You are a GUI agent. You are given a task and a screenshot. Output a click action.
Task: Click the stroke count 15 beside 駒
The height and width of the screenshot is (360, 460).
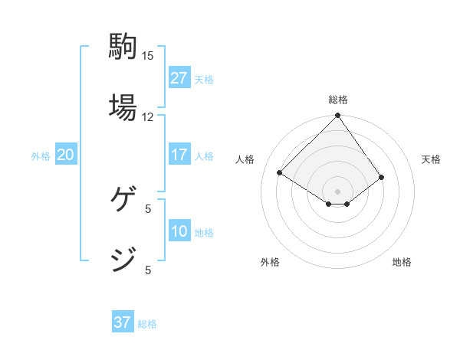click(148, 56)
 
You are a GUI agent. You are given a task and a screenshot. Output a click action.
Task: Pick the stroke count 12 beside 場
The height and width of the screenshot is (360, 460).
click(148, 116)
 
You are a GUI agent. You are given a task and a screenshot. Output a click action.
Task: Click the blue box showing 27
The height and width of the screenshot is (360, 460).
click(179, 79)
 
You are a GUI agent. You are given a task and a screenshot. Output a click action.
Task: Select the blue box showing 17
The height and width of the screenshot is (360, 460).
click(179, 155)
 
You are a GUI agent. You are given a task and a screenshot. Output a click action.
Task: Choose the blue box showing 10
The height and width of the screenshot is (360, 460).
click(179, 232)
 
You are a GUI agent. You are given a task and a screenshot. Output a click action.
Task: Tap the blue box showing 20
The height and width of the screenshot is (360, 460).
click(65, 155)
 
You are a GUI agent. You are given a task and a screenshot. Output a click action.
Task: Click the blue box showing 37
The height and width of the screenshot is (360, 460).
click(123, 323)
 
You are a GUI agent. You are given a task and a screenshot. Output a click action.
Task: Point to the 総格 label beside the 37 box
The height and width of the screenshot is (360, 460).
click(147, 324)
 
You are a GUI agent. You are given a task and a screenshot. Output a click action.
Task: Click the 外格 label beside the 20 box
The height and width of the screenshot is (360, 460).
click(41, 156)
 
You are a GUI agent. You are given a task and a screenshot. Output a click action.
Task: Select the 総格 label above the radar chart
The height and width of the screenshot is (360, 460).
click(338, 100)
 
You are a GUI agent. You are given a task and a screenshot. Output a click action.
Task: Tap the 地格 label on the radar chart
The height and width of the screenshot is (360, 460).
click(402, 262)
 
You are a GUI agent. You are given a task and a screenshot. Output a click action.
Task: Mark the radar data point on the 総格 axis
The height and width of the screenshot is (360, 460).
click(338, 116)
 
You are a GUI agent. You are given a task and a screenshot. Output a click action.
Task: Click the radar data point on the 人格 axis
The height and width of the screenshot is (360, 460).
click(280, 173)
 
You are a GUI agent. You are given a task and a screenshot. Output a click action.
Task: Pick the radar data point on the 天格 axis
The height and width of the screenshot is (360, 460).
click(382, 177)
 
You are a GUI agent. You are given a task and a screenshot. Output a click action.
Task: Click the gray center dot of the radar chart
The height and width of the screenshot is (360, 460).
click(338, 191)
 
